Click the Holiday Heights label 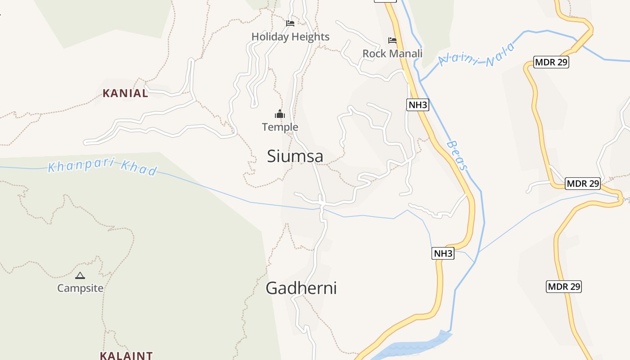tap(290, 37)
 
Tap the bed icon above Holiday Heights tap(290, 23)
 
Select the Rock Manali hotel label tap(392, 54)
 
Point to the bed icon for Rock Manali tap(392, 40)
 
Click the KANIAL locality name tap(125, 93)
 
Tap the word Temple tap(280, 127)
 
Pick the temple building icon tap(280, 114)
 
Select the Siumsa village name tap(295, 156)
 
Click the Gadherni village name tap(301, 288)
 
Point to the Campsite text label tap(80, 288)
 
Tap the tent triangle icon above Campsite tap(80, 275)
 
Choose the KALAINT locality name tap(126, 355)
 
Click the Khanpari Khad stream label tap(103, 167)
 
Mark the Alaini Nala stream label tap(476, 55)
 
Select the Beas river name tap(458, 156)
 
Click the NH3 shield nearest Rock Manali tap(418, 105)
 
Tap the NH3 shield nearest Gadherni tap(443, 253)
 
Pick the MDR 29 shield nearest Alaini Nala tap(551, 62)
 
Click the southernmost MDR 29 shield tap(564, 286)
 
